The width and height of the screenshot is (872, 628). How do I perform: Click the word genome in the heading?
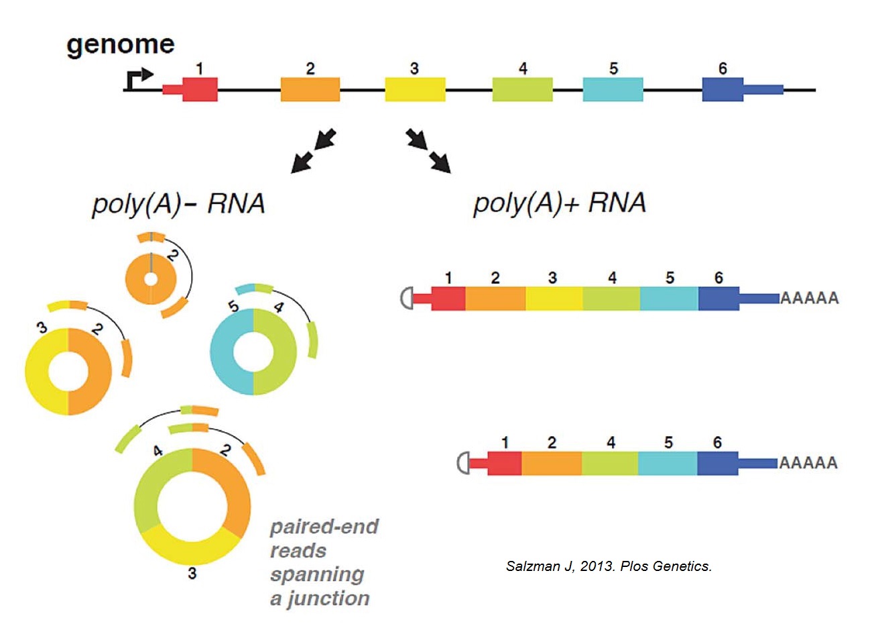(x=121, y=45)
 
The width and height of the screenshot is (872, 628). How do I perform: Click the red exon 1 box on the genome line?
(x=200, y=89)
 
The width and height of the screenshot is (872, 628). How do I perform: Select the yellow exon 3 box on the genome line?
(x=415, y=89)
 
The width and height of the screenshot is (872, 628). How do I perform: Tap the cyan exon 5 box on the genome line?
(x=613, y=89)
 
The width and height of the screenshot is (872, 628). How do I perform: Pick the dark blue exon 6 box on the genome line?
(x=723, y=89)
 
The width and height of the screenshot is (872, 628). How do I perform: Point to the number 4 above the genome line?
(x=523, y=68)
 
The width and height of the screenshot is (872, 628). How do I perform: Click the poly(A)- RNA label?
(x=178, y=203)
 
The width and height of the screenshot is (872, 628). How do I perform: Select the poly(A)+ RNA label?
(x=559, y=203)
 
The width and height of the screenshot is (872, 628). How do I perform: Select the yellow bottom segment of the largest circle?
(x=191, y=544)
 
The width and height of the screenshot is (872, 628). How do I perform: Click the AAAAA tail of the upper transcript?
(x=810, y=298)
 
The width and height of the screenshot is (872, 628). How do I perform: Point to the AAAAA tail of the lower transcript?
(x=808, y=463)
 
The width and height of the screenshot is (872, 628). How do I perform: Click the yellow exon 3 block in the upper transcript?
(x=554, y=298)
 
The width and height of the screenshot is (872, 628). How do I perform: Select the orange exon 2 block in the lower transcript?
(x=551, y=463)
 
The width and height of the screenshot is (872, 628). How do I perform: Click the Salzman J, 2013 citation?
(x=609, y=566)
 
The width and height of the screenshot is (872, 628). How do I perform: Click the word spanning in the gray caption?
(x=317, y=574)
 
